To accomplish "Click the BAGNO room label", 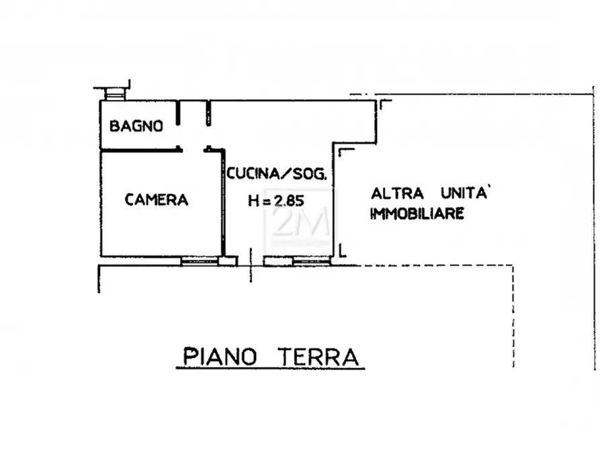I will (136, 126).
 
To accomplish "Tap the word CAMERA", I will (157, 199).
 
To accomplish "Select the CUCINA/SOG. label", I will (277, 175).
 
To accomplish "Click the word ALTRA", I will (398, 194).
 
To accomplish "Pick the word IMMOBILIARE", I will (417, 214).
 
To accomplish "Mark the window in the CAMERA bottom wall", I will (200, 261).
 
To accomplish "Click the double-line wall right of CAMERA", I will (223, 205).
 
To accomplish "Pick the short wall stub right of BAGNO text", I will (179, 114).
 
